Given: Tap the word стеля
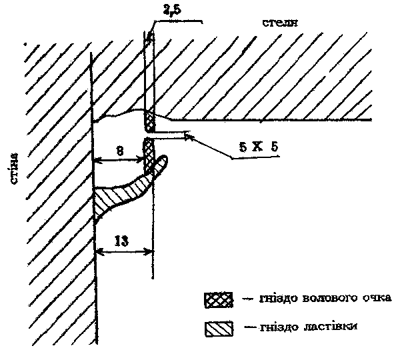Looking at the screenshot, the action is coord(280,23).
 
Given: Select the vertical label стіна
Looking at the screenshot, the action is coord(14,169).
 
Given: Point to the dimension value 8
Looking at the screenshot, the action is coord(120,151).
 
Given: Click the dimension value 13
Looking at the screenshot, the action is coord(122,241).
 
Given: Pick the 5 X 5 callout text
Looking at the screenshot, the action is coord(259,147).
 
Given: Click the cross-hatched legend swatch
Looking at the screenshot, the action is coord(219,299).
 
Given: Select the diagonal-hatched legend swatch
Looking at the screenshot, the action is coord(219,329).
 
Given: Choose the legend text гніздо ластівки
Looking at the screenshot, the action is coord(308,327).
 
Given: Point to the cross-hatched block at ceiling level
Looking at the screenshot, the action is coord(150,120).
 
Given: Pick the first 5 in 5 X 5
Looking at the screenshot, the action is coord(243,147).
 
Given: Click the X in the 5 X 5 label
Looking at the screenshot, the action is coord(257,147).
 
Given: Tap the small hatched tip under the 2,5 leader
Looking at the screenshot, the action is coord(150,37).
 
